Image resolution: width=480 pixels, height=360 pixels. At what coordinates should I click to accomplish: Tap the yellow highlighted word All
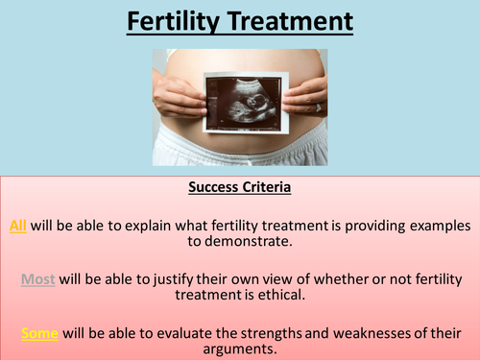(18, 226)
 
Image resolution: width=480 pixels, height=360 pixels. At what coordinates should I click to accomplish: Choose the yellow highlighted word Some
(39, 333)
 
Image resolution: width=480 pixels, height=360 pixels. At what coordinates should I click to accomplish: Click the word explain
(145, 226)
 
